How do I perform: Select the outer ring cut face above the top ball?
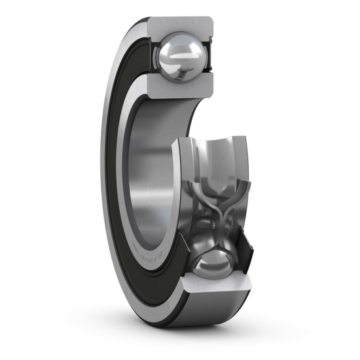tap(181, 24)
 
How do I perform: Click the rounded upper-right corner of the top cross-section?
tap(211, 22)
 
